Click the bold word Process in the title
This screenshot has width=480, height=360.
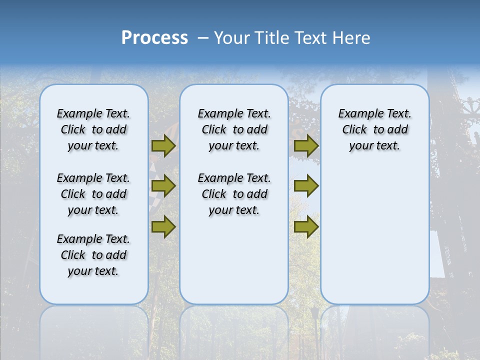pyautogui.click(x=154, y=38)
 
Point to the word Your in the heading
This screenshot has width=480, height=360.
pyautogui.click(x=232, y=38)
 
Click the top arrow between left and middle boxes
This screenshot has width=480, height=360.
pyautogui.click(x=163, y=146)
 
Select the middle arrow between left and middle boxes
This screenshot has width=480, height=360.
pyautogui.click(x=163, y=186)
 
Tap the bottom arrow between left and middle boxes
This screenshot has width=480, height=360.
pyautogui.click(x=163, y=227)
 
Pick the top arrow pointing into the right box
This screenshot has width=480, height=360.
pyautogui.click(x=306, y=146)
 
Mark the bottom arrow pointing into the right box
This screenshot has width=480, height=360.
pyautogui.click(x=306, y=227)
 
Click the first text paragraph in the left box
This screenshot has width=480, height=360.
pyautogui.click(x=93, y=129)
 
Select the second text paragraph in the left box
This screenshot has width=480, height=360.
pyautogui.click(x=93, y=194)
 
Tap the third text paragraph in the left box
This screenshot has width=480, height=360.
pyautogui.click(x=93, y=255)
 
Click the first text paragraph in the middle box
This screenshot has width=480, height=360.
pyautogui.click(x=234, y=129)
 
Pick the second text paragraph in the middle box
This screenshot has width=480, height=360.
pyautogui.click(x=234, y=194)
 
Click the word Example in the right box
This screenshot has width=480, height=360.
pyautogui.click(x=356, y=114)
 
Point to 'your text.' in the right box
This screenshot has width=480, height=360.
pyautogui.click(x=374, y=146)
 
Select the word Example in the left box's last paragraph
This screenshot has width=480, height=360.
pyautogui.click(x=75, y=239)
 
